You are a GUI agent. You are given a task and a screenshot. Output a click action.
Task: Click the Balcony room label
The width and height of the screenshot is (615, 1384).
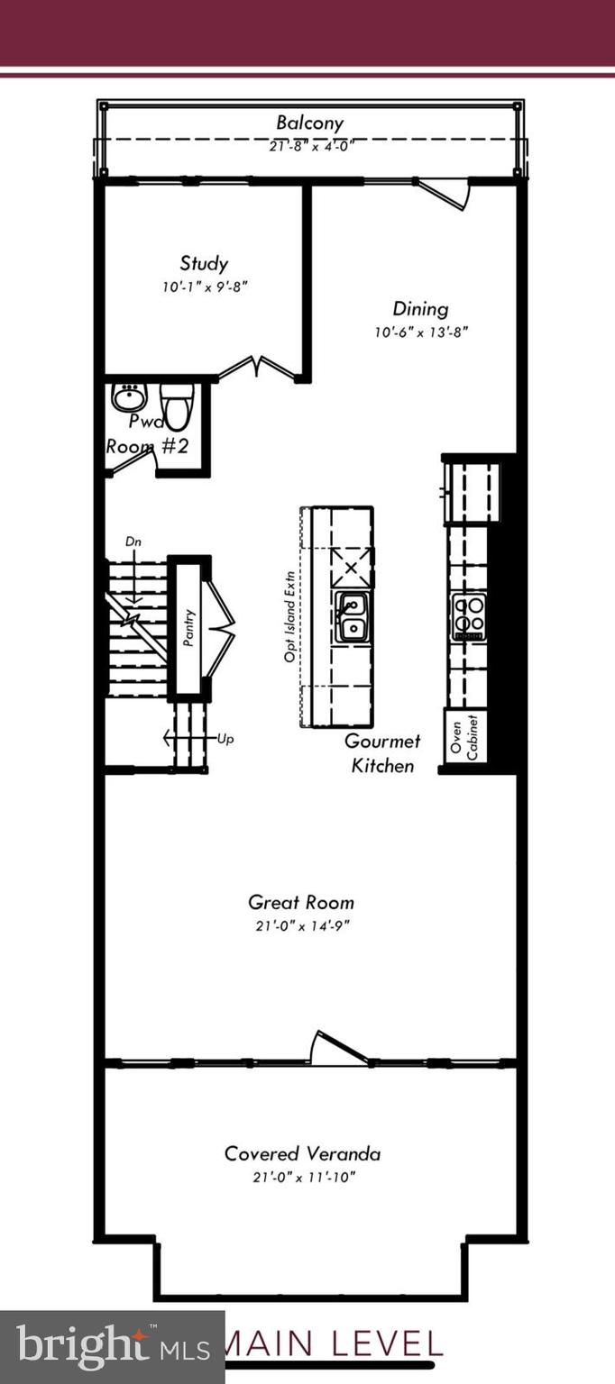tap(309, 123)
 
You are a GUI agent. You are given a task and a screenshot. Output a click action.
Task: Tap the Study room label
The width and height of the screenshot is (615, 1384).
tap(204, 264)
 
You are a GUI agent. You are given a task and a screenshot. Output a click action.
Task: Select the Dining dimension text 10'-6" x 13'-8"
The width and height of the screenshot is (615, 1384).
tap(421, 332)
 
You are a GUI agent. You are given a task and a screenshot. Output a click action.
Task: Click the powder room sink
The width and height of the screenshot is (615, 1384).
tap(130, 396)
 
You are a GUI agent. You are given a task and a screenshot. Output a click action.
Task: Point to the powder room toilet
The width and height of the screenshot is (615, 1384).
tap(177, 405)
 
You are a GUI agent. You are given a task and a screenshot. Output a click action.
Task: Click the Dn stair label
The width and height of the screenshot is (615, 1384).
tap(133, 542)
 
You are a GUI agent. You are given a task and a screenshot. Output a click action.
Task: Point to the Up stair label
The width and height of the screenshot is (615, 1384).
tap(225, 739)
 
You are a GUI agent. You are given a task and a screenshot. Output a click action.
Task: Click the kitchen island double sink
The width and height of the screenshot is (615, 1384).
tap(353, 617)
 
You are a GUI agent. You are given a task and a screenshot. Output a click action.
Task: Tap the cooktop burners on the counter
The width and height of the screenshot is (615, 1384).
tap(469, 616)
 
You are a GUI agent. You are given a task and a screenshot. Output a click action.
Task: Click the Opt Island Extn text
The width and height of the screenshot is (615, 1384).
tap(290, 617)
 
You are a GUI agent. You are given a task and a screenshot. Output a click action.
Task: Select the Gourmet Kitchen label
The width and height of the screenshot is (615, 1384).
tap(383, 753)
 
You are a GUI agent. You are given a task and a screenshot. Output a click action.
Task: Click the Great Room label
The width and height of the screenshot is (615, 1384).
tap(301, 902)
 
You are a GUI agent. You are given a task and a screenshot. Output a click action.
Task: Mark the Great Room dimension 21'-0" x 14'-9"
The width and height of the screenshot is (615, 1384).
tap(301, 925)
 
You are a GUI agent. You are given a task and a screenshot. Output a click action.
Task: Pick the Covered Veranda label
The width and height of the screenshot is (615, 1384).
tap(302, 1153)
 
